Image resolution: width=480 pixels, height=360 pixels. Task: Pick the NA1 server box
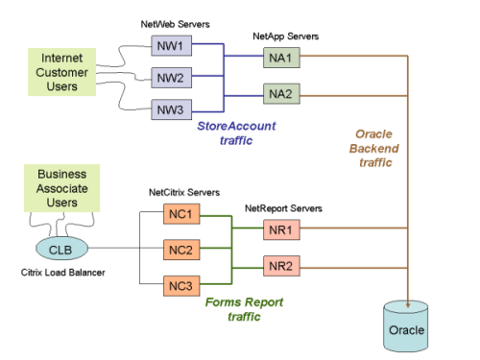pyautogui.click(x=282, y=60)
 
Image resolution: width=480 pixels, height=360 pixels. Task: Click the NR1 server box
pyautogui.click(x=282, y=231)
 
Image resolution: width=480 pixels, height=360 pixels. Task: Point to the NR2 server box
pyautogui.click(x=282, y=266)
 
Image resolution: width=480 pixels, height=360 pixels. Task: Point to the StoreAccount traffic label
pyautogui.click(x=230, y=132)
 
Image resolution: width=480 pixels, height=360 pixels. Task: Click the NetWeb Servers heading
pyautogui.click(x=171, y=21)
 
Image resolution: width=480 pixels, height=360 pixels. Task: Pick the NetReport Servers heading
pyautogui.click(x=284, y=207)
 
